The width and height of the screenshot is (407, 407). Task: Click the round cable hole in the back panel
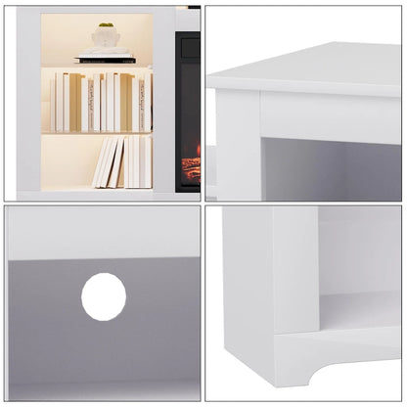(x=104, y=296)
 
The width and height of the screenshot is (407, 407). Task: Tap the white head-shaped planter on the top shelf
(x=105, y=36)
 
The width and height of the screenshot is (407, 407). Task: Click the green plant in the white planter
(x=105, y=25)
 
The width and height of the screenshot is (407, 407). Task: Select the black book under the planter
(x=105, y=60)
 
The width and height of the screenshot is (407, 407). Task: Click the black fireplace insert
(x=188, y=108)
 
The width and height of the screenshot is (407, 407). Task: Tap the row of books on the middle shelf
(x=98, y=102)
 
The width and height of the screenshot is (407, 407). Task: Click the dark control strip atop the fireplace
(x=188, y=36)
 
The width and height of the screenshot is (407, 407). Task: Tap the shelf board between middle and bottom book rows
(x=96, y=133)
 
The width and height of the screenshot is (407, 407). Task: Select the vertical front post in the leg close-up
(x=294, y=294)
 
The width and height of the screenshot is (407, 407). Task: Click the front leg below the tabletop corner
(x=236, y=147)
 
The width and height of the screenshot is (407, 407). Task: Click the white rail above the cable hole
(x=103, y=233)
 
